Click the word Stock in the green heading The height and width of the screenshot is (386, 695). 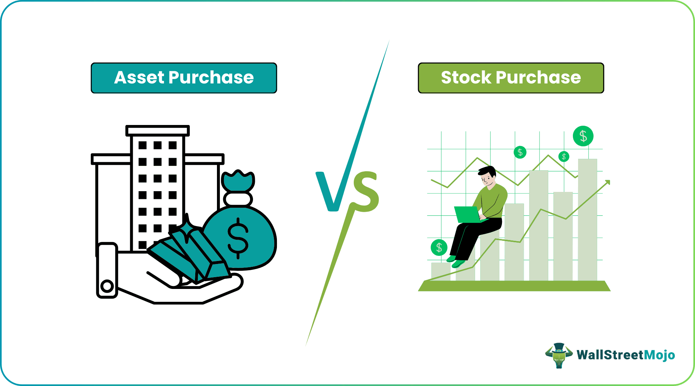(x=466, y=78)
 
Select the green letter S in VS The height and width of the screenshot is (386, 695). (x=366, y=192)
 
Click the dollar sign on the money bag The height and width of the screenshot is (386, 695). (x=238, y=238)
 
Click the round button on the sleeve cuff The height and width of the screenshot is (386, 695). (x=107, y=286)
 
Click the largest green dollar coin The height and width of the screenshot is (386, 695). (x=583, y=136)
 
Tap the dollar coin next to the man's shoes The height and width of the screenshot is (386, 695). (x=439, y=248)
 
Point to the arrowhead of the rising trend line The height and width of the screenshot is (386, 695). (x=607, y=182)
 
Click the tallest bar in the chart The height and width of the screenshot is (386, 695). (x=587, y=221)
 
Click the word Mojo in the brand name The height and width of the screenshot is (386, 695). (x=660, y=355)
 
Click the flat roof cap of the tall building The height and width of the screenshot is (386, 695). (x=157, y=131)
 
